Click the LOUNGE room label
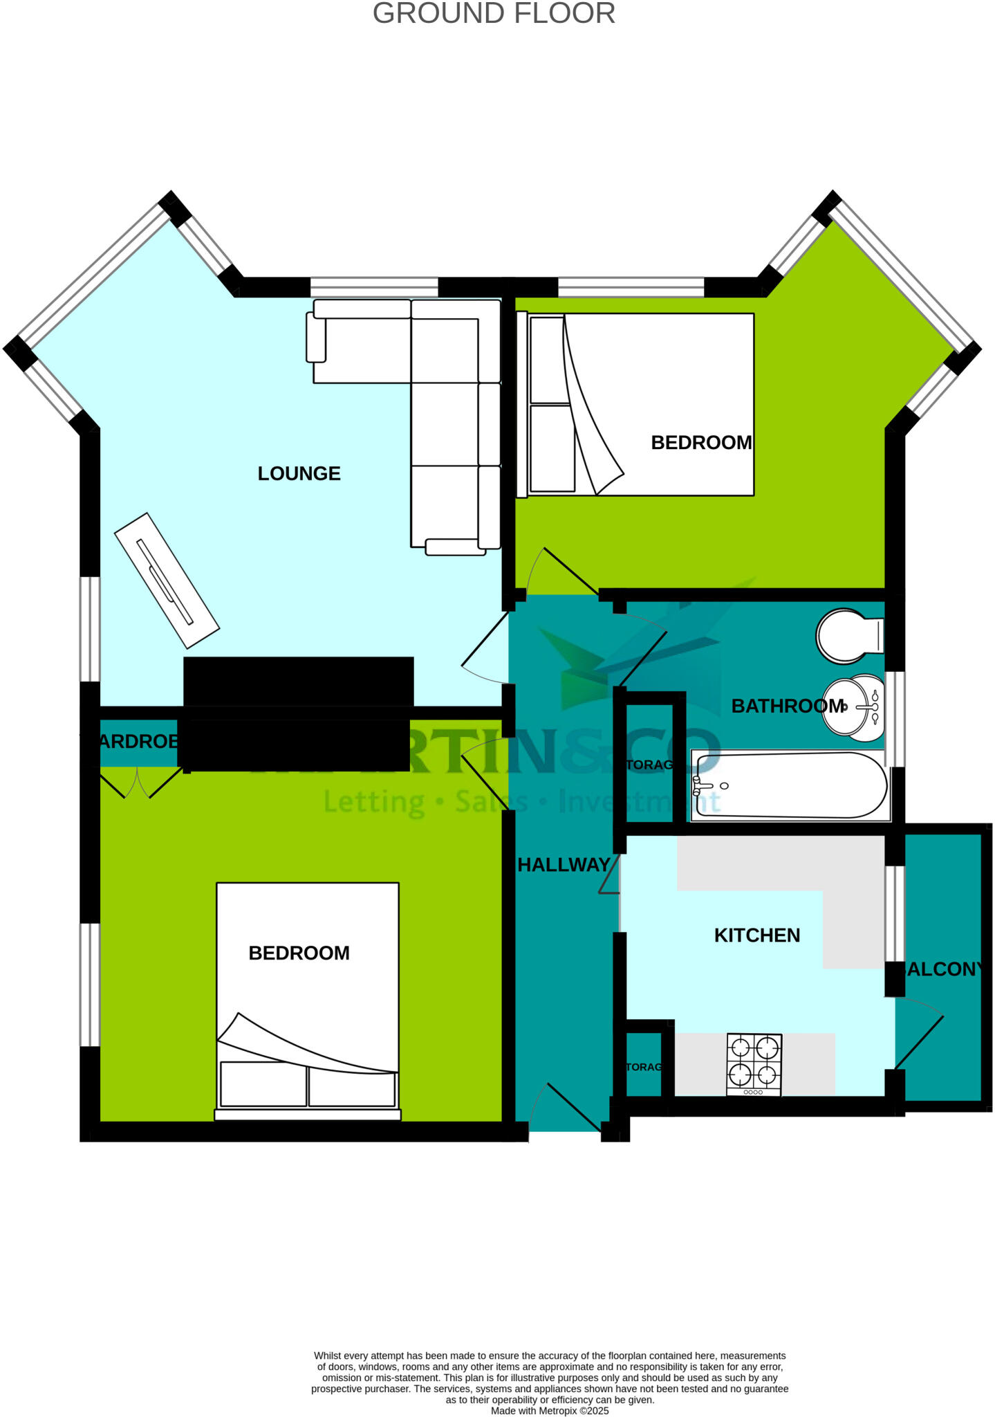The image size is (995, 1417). [299, 474]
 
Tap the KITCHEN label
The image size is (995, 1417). [756, 935]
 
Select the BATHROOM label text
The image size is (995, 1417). [788, 706]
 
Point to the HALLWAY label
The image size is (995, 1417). [564, 865]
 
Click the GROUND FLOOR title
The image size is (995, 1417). [494, 14]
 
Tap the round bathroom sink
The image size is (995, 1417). [853, 707]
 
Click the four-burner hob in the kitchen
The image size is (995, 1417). [754, 1064]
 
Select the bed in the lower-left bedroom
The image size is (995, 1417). [308, 1000]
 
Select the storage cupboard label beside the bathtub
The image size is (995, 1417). [649, 765]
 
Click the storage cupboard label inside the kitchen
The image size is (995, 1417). [644, 1067]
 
